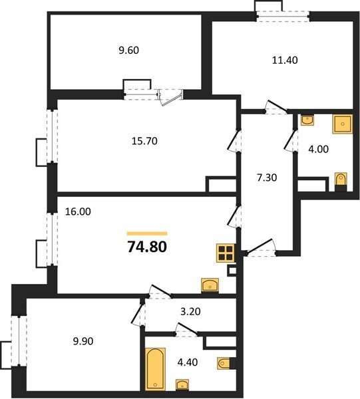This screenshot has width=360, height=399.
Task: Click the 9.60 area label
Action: (x=129, y=50)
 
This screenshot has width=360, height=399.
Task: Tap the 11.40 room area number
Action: (x=285, y=61)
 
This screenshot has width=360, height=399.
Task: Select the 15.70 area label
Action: (x=144, y=141)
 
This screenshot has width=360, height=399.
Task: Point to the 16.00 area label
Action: (x=78, y=211)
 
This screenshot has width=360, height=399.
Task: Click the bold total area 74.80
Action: (x=147, y=247)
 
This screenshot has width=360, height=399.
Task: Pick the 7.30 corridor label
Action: (x=267, y=178)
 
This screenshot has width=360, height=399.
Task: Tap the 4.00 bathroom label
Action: (x=318, y=149)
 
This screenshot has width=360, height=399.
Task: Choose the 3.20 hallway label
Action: (x=190, y=311)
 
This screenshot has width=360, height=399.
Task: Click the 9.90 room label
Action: (x=83, y=341)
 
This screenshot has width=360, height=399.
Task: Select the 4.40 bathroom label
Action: (x=188, y=362)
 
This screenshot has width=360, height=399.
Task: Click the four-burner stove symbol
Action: (x=226, y=253)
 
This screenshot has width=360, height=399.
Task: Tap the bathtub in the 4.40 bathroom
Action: (x=155, y=369)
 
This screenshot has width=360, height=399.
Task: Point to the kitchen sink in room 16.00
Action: (x=210, y=285)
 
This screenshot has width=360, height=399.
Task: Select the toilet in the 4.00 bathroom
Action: (x=341, y=182)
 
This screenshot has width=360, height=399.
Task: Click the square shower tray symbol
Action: (x=343, y=124)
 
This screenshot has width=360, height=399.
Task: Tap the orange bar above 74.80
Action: (x=147, y=233)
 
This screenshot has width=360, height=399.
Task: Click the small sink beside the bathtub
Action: (x=182, y=384)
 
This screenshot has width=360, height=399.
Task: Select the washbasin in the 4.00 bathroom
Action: (x=307, y=120)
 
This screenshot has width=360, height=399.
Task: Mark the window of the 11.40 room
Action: (x=283, y=17)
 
